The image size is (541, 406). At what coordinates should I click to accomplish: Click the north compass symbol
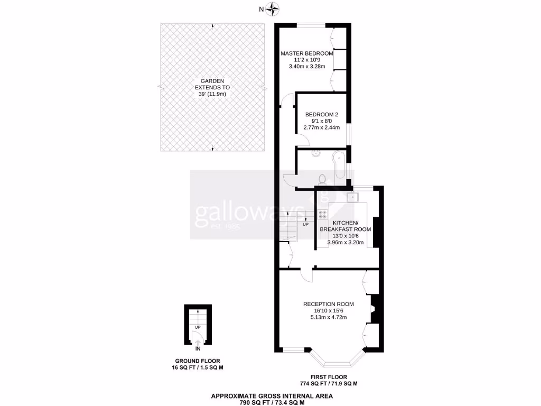(x=273, y=8)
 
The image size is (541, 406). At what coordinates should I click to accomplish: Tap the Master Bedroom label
(x=307, y=53)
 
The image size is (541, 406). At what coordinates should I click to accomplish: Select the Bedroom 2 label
(x=322, y=115)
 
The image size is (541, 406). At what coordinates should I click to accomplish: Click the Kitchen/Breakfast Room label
(x=345, y=226)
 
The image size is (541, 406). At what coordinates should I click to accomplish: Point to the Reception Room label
(x=328, y=304)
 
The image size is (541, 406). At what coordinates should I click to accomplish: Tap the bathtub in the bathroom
(x=338, y=167)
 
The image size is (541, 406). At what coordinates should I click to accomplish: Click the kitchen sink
(x=352, y=197)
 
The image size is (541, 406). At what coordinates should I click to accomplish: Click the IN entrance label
(x=198, y=349)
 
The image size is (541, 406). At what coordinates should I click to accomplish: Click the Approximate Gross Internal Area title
(x=272, y=395)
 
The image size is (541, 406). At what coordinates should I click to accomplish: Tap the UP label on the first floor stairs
(x=305, y=224)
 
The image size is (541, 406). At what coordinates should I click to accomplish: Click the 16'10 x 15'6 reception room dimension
(x=328, y=311)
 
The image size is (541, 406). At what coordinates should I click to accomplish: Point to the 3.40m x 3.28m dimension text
(x=306, y=67)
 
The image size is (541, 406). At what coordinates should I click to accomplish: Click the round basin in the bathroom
(x=315, y=154)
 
